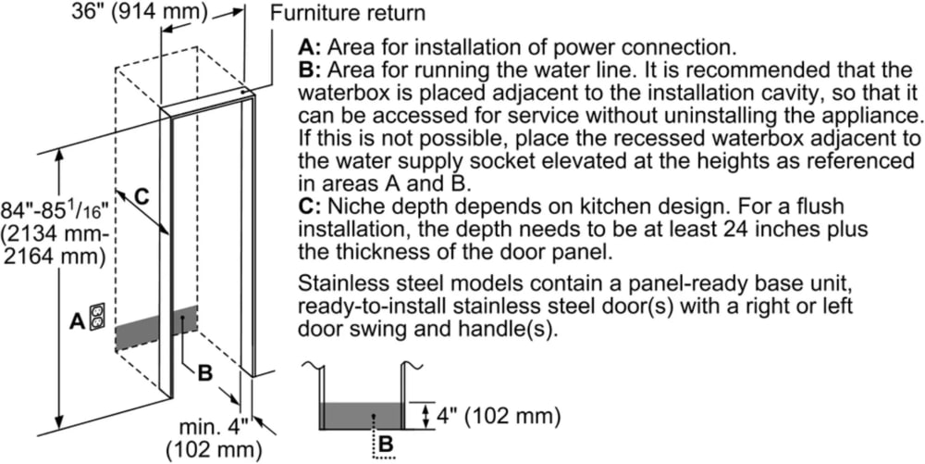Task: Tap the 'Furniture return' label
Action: click(349, 13)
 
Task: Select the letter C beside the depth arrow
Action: click(141, 195)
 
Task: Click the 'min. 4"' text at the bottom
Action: click(215, 428)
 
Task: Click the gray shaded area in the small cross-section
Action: click(361, 415)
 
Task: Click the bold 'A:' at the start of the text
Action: click(309, 47)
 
